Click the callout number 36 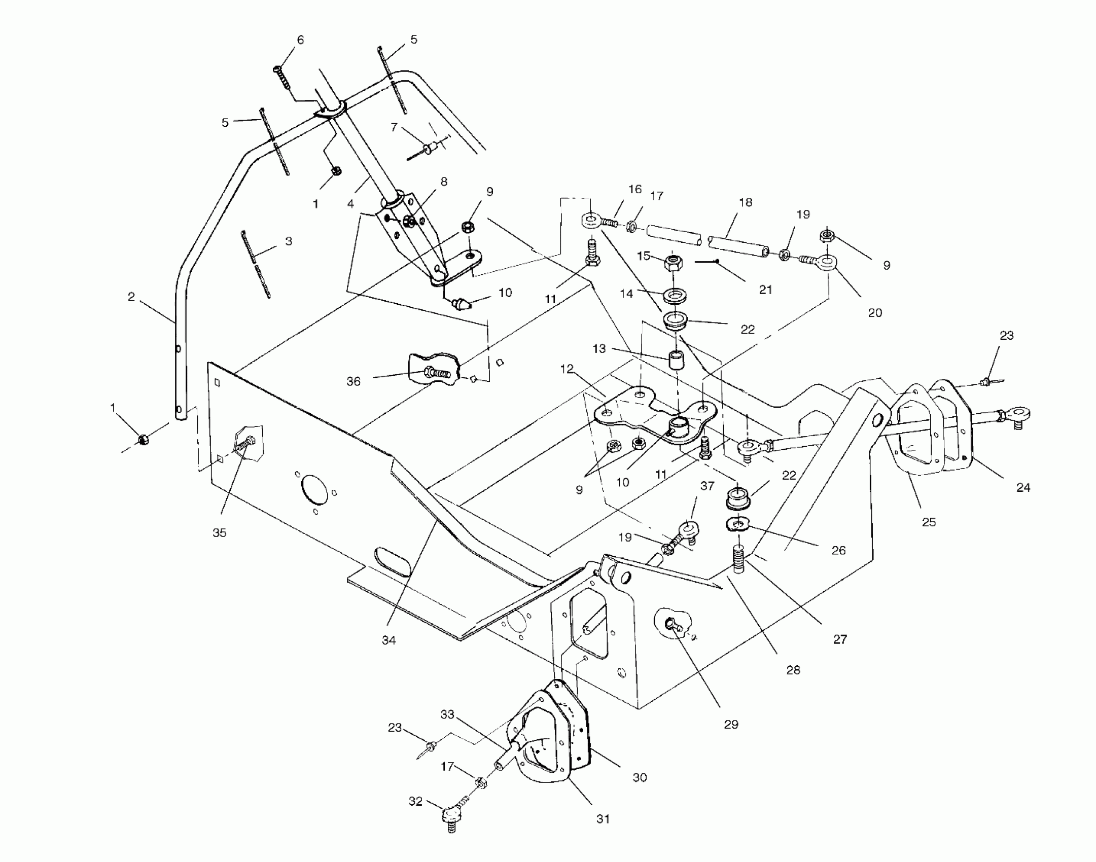pyautogui.click(x=353, y=381)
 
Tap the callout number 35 pyautogui.click(x=219, y=532)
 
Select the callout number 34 pyautogui.click(x=388, y=640)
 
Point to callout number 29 pyautogui.click(x=731, y=724)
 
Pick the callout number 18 pyautogui.click(x=746, y=202)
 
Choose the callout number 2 pyautogui.click(x=131, y=297)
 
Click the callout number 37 pyautogui.click(x=707, y=486)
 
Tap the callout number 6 pyautogui.click(x=300, y=40)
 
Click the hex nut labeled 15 pyautogui.click(x=674, y=263)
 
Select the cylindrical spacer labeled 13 pyautogui.click(x=675, y=360)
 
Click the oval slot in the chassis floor pyautogui.click(x=393, y=561)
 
